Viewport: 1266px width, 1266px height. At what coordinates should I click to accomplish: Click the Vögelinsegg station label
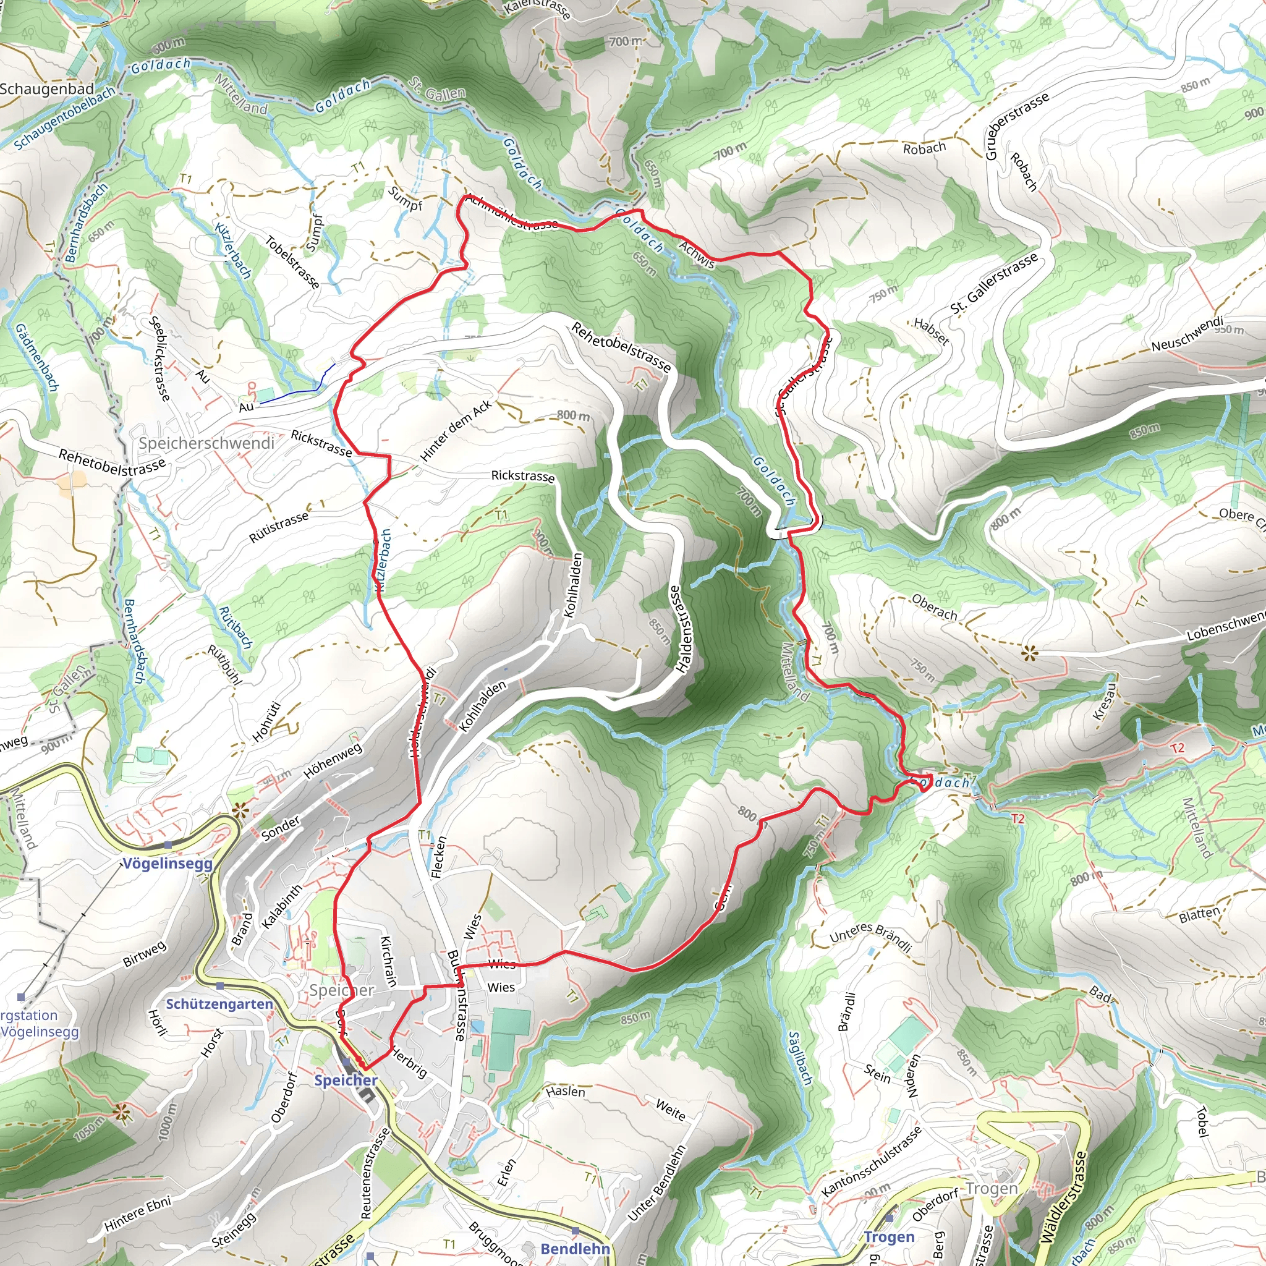[x=168, y=864]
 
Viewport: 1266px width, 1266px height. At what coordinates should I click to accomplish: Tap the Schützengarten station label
[x=219, y=1004]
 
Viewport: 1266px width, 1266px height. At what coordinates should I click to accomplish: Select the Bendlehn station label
[x=576, y=1249]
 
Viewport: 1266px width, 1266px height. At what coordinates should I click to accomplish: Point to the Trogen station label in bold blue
[x=889, y=1237]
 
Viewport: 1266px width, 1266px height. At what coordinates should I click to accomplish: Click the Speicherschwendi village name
[x=206, y=443]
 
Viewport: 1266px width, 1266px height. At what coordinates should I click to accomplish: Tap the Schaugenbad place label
[x=47, y=88]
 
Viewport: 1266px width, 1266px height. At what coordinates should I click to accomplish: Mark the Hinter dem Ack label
[x=456, y=431]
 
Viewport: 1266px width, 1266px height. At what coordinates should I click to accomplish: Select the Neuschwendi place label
[x=1187, y=334]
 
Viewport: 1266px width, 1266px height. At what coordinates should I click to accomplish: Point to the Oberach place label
[x=935, y=608]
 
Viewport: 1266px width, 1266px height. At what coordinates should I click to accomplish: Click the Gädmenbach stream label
[x=36, y=357]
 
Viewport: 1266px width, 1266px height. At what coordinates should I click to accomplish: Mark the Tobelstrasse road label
[x=292, y=262]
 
